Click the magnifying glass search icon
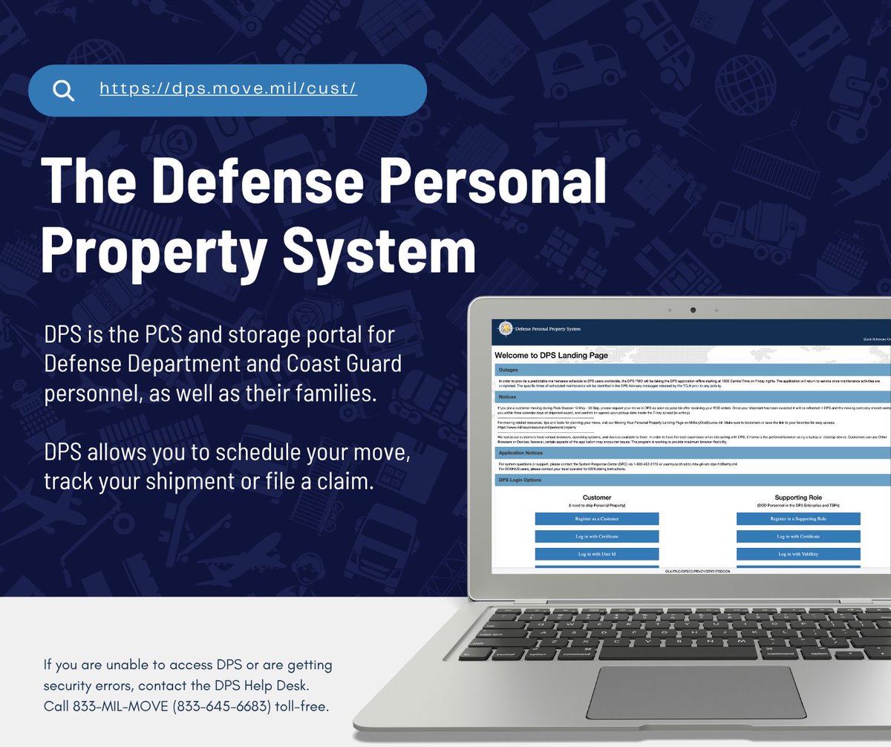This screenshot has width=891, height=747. click(x=64, y=90)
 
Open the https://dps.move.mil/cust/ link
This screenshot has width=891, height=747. click(x=228, y=89)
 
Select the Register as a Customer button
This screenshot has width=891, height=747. click(x=596, y=518)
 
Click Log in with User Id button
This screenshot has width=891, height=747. click(x=596, y=554)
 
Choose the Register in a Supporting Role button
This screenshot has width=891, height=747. click(x=797, y=518)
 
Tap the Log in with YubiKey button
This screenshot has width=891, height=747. click(x=797, y=554)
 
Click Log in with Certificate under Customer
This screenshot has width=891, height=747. click(x=596, y=536)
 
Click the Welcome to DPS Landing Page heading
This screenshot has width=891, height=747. click(x=551, y=356)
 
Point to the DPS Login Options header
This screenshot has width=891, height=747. click(x=520, y=480)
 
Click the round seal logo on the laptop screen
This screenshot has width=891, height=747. click(x=506, y=328)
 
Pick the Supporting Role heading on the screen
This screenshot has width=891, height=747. click(x=797, y=498)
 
